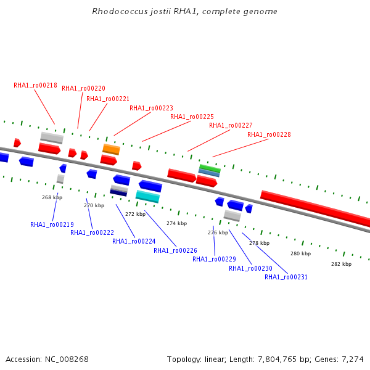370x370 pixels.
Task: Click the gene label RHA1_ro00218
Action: (x=35, y=86)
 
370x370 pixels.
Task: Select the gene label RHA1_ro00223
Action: (x=151, y=108)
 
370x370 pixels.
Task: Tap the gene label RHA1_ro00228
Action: (x=269, y=134)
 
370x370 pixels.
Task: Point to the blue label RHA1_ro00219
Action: (x=52, y=224)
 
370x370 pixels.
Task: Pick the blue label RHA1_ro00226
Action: (x=175, y=250)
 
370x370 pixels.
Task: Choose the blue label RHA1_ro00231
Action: (x=286, y=277)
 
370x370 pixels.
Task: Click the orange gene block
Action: (x=112, y=149)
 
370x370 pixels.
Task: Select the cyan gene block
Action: (x=148, y=197)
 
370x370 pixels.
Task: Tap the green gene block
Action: (x=210, y=168)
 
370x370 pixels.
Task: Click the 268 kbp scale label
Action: (x=52, y=197)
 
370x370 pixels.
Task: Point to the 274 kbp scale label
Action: (x=177, y=223)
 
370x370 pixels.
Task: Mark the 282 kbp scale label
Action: (x=341, y=264)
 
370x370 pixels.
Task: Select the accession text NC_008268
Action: (x=67, y=360)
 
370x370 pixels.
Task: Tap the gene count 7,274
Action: (x=353, y=360)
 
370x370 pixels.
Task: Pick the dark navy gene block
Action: (x=118, y=192)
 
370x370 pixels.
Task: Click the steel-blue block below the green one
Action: (x=209, y=173)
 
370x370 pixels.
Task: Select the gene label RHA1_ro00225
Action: (x=192, y=117)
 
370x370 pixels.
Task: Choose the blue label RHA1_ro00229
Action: (x=214, y=259)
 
